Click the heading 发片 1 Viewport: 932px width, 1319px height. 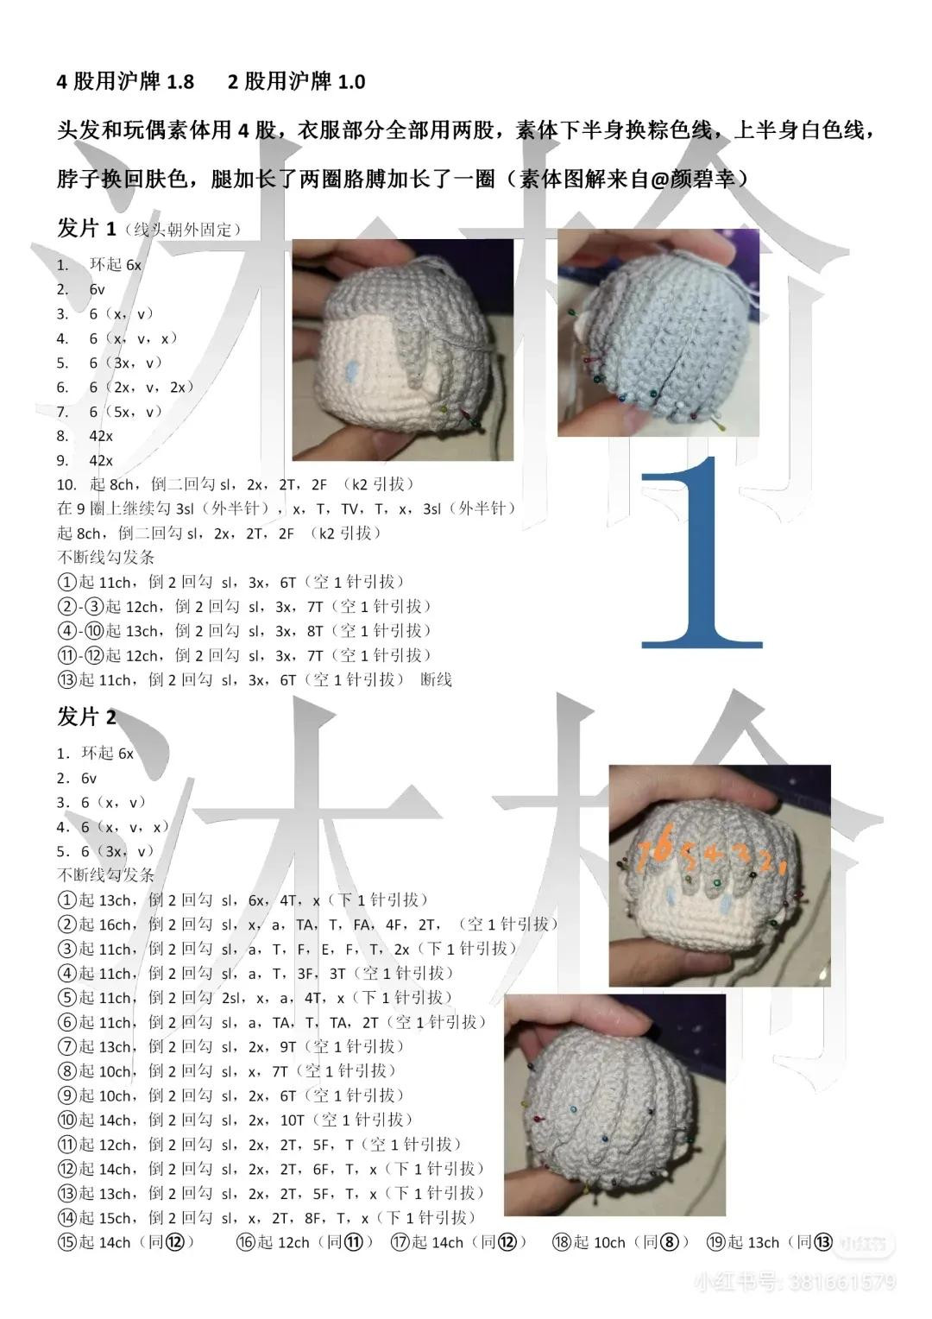pos(86,228)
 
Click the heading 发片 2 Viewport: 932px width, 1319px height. pos(86,716)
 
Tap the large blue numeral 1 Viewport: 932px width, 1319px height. pos(703,552)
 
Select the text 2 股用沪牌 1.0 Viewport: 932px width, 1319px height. pos(296,82)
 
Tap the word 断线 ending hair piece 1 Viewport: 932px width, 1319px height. pos(436,680)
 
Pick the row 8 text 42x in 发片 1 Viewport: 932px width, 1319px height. pos(101,436)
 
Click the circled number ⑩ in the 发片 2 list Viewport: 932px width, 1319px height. pos(67,1120)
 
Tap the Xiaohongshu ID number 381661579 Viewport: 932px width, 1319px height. pos(841,1283)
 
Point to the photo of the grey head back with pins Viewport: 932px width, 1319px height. pos(658,332)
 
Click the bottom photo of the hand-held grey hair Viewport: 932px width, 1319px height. pos(614,1105)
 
